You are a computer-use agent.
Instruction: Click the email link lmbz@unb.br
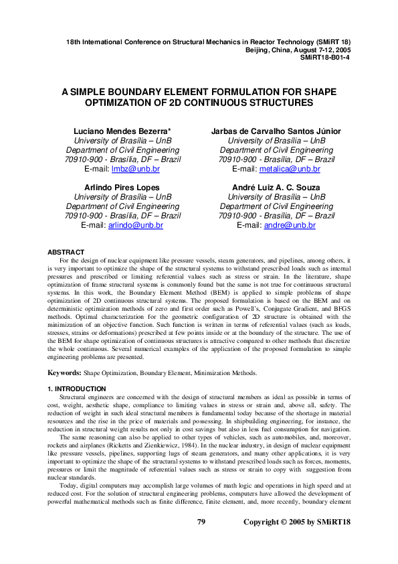point(139,169)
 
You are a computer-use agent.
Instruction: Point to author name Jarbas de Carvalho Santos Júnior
point(276,131)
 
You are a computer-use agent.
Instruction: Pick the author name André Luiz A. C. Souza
point(276,187)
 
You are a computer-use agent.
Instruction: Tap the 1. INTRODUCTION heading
point(77,389)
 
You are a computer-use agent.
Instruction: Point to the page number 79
point(201,540)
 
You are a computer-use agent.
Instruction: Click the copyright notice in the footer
point(297,540)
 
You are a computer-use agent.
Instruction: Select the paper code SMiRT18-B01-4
point(327,58)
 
